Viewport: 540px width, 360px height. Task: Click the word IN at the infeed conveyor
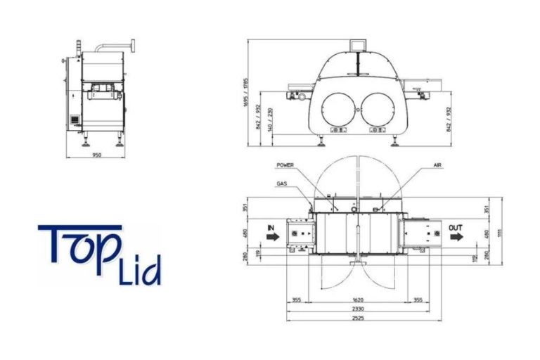270,227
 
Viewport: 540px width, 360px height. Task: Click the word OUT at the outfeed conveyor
456,227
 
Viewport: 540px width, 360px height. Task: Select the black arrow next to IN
271,238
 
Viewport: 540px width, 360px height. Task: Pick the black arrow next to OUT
456,238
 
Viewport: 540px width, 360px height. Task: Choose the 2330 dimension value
359,309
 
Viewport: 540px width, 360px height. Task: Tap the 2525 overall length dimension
359,318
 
